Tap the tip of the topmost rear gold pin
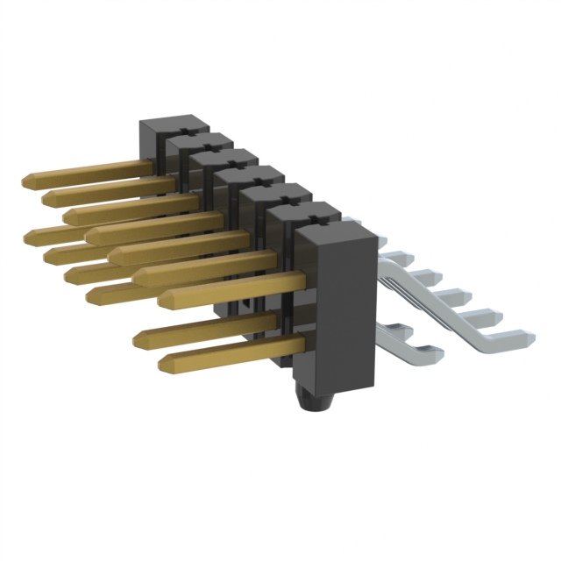pos(26,180)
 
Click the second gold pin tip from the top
pos(47,196)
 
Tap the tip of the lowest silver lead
pos(436,354)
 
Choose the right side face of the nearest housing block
pos(367,307)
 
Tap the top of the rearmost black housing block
pos(172,123)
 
